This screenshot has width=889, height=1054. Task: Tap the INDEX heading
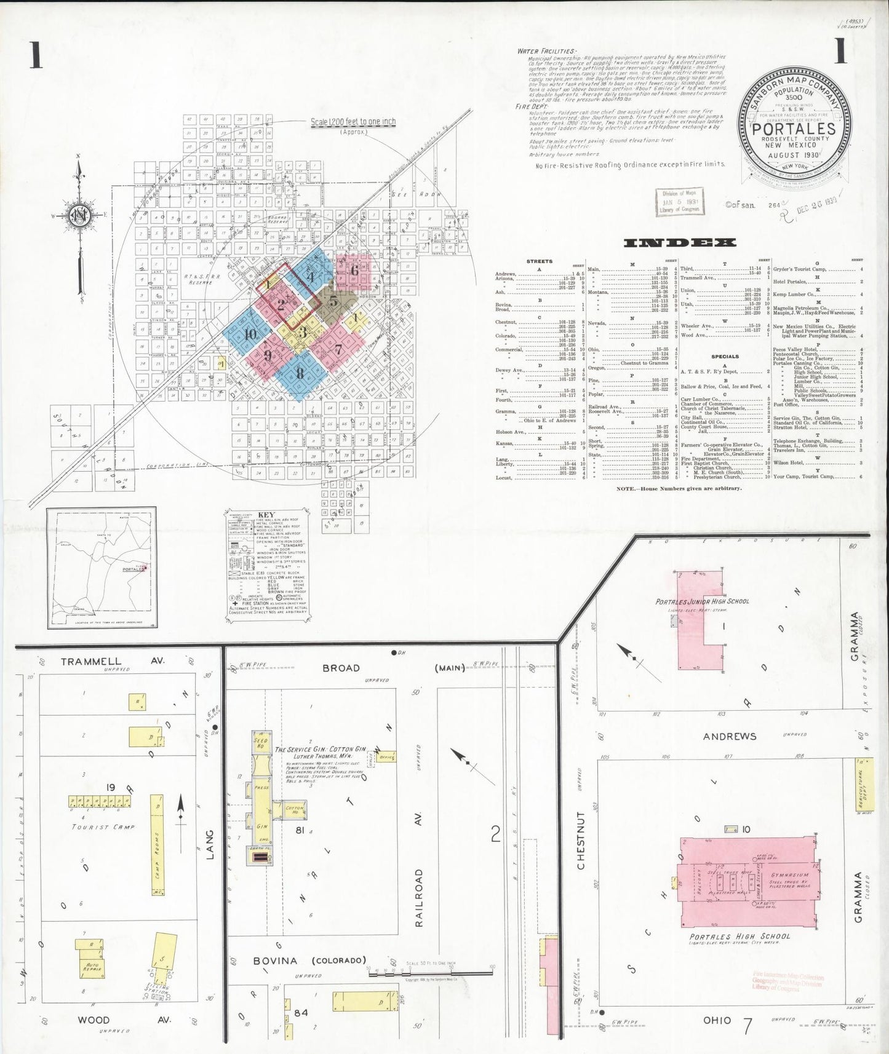pos(680,242)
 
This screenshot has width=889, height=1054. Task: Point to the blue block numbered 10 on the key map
pos(249,335)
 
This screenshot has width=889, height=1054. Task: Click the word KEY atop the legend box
pos(266,515)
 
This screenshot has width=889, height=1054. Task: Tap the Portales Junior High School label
pos(702,601)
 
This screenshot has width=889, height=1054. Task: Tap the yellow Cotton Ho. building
pos(294,810)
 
